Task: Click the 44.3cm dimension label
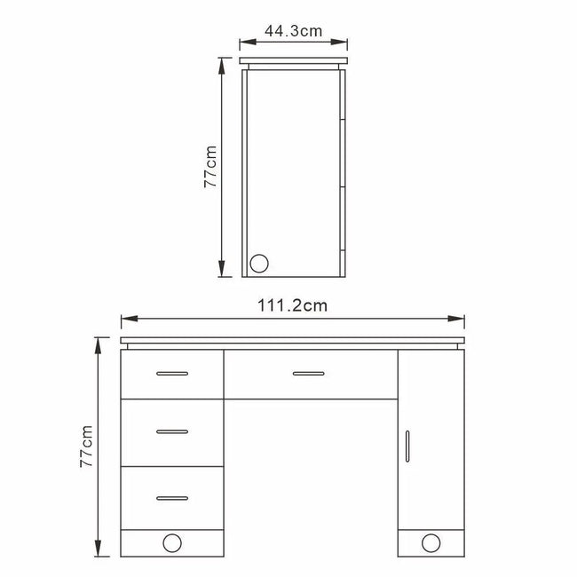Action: pos(293,31)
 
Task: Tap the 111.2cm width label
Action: pos(293,305)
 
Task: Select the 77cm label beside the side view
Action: pos(210,167)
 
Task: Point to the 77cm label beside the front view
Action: pos(86,447)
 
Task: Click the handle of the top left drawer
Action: pos(172,374)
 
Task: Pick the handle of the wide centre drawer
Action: pos(309,374)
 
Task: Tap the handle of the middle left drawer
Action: pos(172,431)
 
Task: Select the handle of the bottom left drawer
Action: pos(172,498)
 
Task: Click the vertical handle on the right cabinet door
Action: pos(407,447)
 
